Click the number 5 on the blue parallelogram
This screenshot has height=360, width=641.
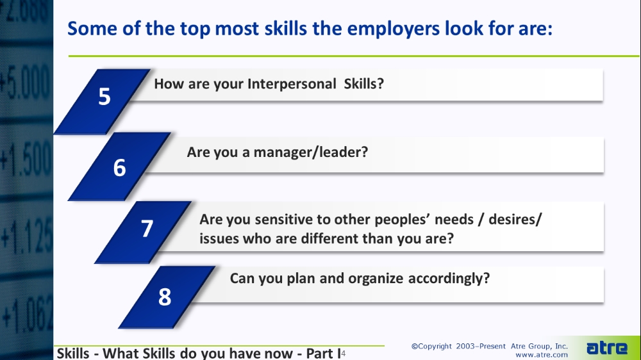click(104, 97)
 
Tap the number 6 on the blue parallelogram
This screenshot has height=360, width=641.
click(119, 168)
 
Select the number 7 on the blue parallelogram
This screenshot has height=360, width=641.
click(147, 229)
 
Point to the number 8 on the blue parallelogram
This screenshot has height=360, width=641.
click(165, 297)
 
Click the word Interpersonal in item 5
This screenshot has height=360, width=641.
click(292, 84)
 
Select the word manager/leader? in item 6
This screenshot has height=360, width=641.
click(311, 152)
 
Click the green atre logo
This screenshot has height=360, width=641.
click(606, 348)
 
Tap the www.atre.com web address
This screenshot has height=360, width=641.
click(542, 355)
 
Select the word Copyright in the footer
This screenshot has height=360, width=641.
click(435, 347)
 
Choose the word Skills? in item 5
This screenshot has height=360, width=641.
click(364, 84)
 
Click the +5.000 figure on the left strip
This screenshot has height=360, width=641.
click(26, 84)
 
